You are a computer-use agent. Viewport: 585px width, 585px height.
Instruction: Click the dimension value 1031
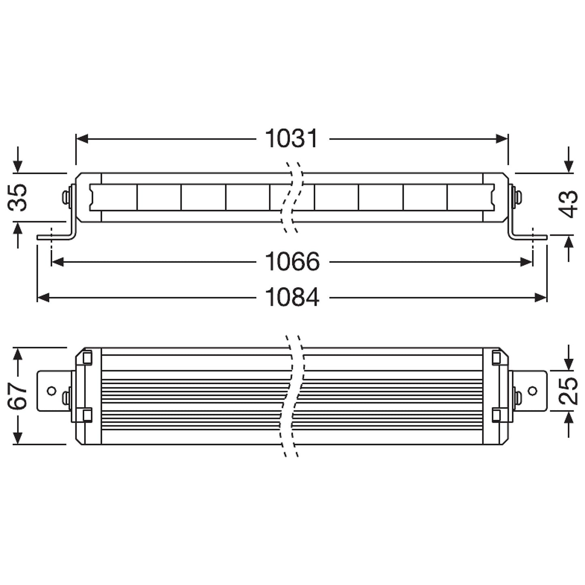click(x=291, y=139)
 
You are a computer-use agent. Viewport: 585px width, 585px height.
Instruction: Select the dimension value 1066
click(x=292, y=262)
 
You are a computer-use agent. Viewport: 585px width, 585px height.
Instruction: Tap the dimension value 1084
click(x=292, y=298)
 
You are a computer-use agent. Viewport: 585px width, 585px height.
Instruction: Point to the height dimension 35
click(x=18, y=197)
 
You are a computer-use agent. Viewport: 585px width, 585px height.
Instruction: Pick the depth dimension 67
click(x=18, y=396)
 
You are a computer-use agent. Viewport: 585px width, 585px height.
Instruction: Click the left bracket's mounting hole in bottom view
click(x=51, y=391)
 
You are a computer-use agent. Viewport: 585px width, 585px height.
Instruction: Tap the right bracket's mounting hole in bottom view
click(x=533, y=391)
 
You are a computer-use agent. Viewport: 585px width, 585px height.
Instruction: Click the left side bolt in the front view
click(x=66, y=197)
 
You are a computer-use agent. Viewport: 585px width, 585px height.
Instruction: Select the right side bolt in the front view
click(x=517, y=197)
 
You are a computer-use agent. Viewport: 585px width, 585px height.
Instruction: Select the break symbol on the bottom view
click(x=293, y=396)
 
